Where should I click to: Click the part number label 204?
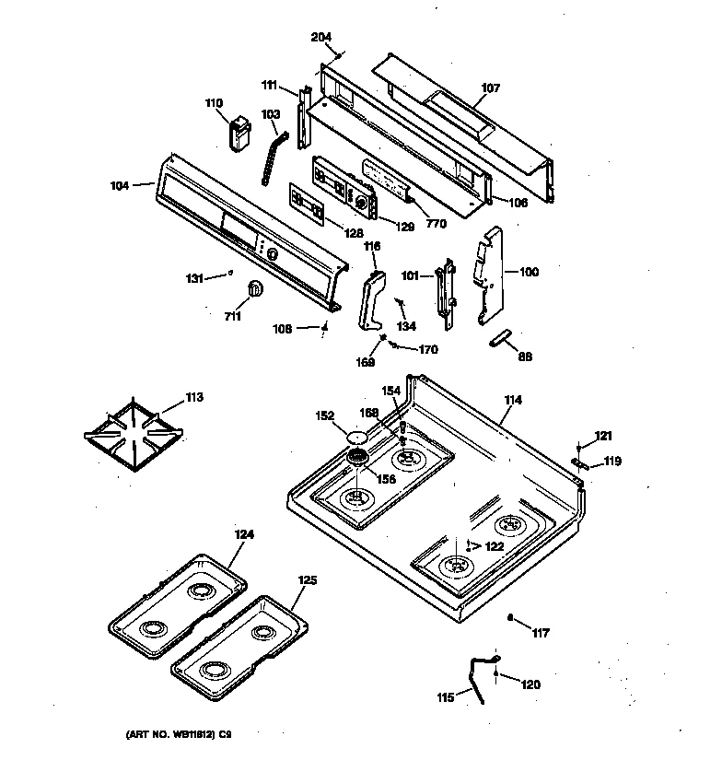(x=320, y=37)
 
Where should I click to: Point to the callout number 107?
(x=491, y=88)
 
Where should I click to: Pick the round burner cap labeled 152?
(x=358, y=436)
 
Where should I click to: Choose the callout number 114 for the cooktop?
(x=512, y=400)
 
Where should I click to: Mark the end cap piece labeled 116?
(x=372, y=298)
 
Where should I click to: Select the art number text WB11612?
(x=174, y=734)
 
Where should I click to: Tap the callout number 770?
(x=437, y=223)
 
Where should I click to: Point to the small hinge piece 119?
(x=576, y=463)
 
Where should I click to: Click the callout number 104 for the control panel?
(x=121, y=184)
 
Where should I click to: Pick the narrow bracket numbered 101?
(x=448, y=293)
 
